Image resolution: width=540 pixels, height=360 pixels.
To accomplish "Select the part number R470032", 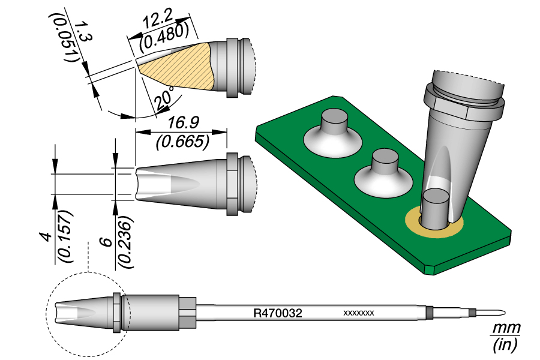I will tap(277, 313).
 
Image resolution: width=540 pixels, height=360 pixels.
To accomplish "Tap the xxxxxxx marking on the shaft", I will tap(358, 313).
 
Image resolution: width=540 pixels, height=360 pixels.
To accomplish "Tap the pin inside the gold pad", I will tap(434, 207).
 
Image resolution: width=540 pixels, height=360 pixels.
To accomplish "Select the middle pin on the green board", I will tap(385, 162).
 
